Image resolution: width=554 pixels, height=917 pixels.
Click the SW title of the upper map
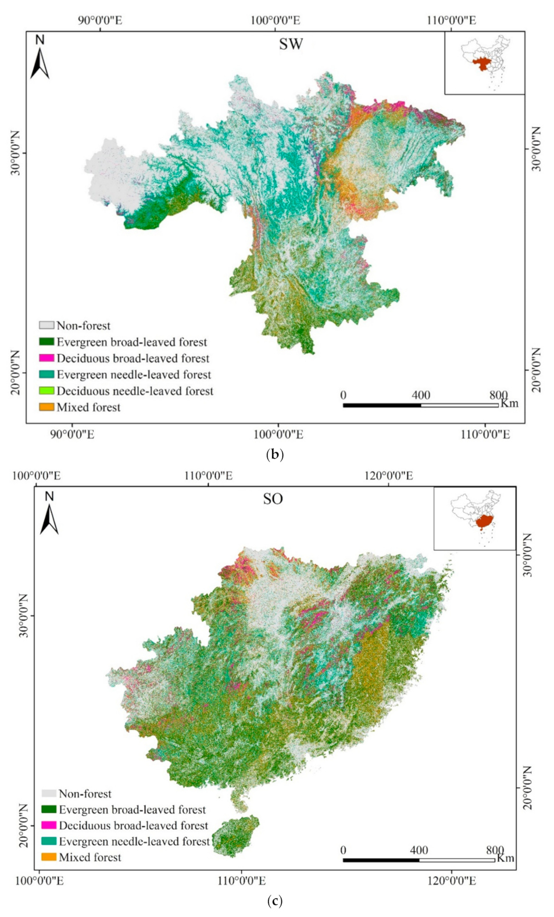click(x=291, y=44)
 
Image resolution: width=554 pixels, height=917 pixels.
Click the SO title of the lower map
click(x=273, y=499)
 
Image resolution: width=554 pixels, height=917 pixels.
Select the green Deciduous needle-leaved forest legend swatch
click(x=47, y=391)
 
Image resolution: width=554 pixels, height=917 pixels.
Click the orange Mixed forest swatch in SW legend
click(x=47, y=407)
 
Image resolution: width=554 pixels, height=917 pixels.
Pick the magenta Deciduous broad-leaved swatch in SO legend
click(x=49, y=826)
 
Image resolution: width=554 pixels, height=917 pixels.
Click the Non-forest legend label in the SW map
click(x=83, y=326)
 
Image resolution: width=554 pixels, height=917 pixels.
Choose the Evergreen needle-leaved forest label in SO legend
click(x=134, y=841)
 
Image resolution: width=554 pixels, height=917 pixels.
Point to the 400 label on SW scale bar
click(x=421, y=395)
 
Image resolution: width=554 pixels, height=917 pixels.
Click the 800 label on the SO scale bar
click(x=495, y=850)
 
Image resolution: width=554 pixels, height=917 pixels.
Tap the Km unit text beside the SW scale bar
click(x=509, y=404)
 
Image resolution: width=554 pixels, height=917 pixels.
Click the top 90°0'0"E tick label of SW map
click(x=100, y=21)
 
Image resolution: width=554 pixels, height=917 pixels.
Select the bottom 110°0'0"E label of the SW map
click(x=485, y=434)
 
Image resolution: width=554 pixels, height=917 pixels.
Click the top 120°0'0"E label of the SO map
click(x=388, y=476)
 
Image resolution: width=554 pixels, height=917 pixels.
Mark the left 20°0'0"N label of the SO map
click(x=23, y=826)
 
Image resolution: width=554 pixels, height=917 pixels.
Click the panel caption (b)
click(x=274, y=454)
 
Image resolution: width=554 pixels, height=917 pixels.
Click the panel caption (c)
click(x=274, y=901)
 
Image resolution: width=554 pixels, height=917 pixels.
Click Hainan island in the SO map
click(x=235, y=836)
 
